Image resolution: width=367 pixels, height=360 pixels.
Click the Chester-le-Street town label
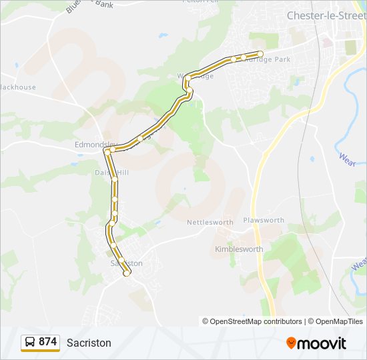click(x=326, y=15)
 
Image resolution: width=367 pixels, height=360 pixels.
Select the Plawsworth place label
click(x=264, y=220)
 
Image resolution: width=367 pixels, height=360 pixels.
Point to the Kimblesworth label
click(x=239, y=249)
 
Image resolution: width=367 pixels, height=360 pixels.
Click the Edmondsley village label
click(x=95, y=144)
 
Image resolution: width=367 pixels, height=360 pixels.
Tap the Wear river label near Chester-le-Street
click(x=347, y=159)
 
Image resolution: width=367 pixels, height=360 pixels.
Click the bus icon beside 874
click(x=30, y=342)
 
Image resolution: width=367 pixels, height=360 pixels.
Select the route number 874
click(x=48, y=342)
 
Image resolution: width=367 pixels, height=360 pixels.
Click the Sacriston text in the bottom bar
click(x=89, y=343)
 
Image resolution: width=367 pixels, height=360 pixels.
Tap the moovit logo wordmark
click(x=322, y=343)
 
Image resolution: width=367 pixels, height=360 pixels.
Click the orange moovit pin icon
click(x=291, y=343)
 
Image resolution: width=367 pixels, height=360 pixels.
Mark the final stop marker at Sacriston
click(x=127, y=273)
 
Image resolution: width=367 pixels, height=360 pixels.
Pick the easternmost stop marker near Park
click(x=260, y=53)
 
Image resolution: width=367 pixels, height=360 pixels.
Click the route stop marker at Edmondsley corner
click(x=107, y=152)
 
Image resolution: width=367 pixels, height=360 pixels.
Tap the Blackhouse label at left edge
click(x=16, y=87)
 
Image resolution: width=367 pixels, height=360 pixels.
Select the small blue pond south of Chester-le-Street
click(x=312, y=159)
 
